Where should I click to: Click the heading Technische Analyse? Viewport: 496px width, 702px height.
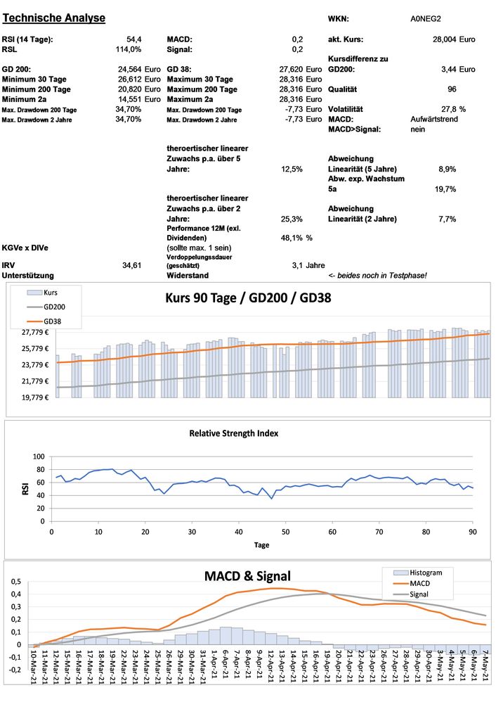pos(54,18)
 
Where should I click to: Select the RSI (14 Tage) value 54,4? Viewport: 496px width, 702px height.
pos(133,39)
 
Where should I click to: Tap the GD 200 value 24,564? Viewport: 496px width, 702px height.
pos(129,70)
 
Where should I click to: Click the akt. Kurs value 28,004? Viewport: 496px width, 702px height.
pos(444,39)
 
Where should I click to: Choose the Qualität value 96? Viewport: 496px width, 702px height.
pos(452,89)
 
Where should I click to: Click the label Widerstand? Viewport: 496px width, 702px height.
pos(188,275)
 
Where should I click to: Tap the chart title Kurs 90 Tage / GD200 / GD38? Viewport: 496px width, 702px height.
pos(249,298)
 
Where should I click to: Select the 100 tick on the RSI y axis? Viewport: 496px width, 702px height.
pos(39,457)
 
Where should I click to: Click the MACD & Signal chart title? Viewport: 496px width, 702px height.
pos(247,577)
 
